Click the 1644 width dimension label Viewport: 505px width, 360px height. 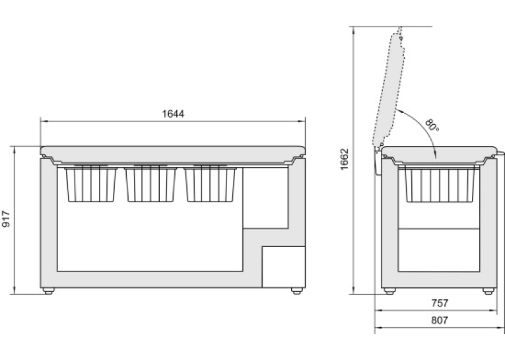tap(173, 114)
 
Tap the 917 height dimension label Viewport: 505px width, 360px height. tap(6, 219)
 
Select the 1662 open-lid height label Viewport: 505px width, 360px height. tap(345, 159)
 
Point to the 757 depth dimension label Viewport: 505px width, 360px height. tap(440, 303)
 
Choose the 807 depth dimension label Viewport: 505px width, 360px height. tap(440, 320)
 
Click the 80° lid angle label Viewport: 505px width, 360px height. tap(432, 125)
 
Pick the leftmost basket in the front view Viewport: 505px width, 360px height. tap(91, 184)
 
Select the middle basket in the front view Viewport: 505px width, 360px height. tap(151, 184)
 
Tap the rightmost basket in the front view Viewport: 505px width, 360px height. tap(211, 184)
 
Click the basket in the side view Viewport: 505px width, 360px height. tap(439, 184)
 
